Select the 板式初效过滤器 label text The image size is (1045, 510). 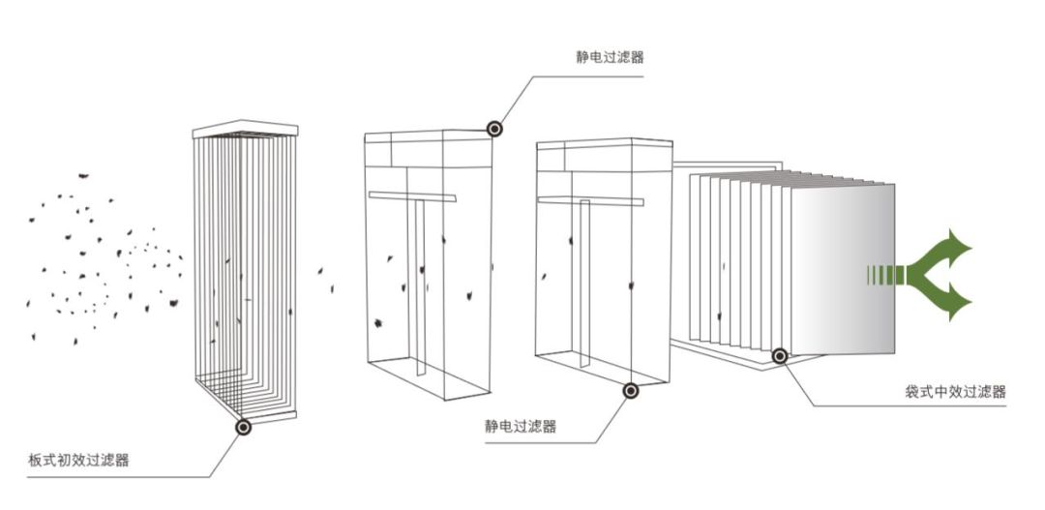point(79,460)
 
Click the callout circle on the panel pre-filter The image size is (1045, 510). point(242,426)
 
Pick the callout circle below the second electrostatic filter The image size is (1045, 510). point(631,392)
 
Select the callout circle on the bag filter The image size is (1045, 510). point(780,356)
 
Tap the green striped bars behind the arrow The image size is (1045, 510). point(882,276)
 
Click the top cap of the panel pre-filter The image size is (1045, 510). point(245,129)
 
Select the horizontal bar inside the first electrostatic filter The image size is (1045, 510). point(411,196)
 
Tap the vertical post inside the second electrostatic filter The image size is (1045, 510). point(585,281)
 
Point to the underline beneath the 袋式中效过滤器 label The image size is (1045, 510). point(910,405)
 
